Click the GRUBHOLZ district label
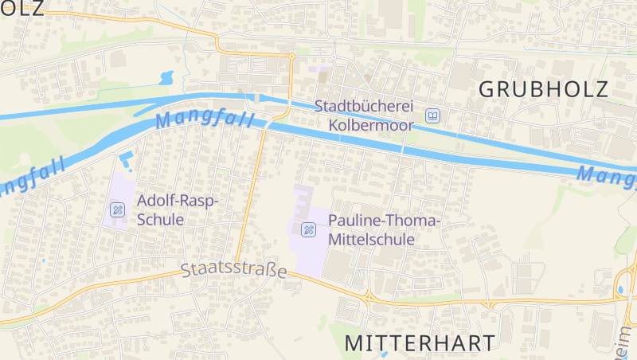[543, 89]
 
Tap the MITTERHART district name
[420, 342]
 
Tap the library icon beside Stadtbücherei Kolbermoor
[432, 116]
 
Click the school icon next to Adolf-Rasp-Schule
[117, 209]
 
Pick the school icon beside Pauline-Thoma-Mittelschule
[308, 230]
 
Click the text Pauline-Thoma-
[384, 221]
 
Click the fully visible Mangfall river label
[205, 120]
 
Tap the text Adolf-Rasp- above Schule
[178, 200]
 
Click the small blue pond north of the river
[166, 78]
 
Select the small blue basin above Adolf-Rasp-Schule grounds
[126, 158]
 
